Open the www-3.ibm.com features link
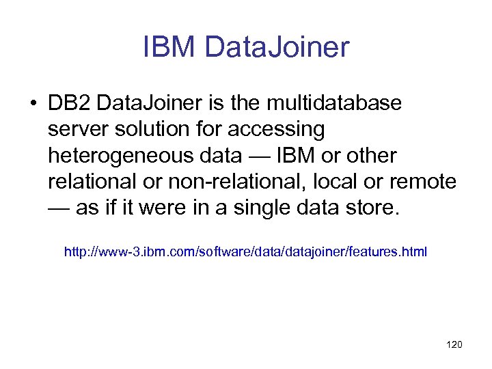tap(245, 252)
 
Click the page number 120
tap(454, 344)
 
